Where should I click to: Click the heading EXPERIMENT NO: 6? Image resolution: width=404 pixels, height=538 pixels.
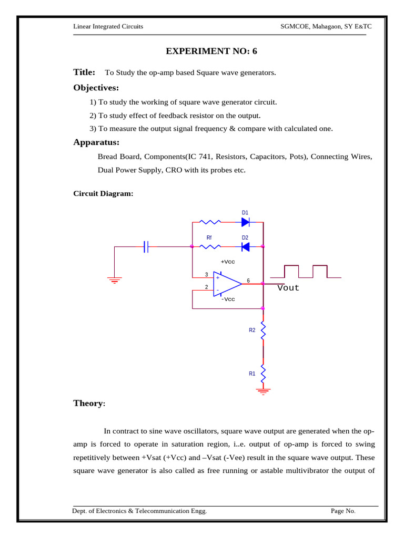[x=212, y=51]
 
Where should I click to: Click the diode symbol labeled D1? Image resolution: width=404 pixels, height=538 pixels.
[x=245, y=222]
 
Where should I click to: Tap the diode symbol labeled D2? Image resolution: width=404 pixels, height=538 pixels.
[x=245, y=246]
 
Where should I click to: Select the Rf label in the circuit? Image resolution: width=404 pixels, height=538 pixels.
[x=209, y=238]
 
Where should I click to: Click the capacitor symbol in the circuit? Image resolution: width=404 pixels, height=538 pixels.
[x=146, y=246]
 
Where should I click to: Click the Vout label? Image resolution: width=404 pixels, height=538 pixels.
[x=288, y=288]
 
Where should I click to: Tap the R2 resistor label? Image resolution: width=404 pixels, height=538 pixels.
[x=252, y=330]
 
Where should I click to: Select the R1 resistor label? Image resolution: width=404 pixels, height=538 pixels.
[x=252, y=374]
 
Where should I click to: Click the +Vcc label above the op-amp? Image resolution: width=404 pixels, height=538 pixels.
[x=227, y=262]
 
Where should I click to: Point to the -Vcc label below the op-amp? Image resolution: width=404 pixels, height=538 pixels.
[x=228, y=299]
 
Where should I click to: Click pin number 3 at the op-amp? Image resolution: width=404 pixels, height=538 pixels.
[x=207, y=275]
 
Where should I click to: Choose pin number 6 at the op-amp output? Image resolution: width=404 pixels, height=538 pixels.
[x=248, y=281]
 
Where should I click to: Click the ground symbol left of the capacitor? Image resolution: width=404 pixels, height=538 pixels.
[x=115, y=280]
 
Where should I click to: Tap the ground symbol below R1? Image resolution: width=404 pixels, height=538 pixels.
[x=263, y=391]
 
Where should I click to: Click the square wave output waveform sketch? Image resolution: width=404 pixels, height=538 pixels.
[x=305, y=272]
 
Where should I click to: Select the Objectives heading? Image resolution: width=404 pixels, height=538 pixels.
[x=96, y=87]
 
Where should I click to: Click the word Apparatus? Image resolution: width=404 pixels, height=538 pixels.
[x=96, y=142]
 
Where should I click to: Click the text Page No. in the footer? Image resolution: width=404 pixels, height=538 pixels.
[x=343, y=511]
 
